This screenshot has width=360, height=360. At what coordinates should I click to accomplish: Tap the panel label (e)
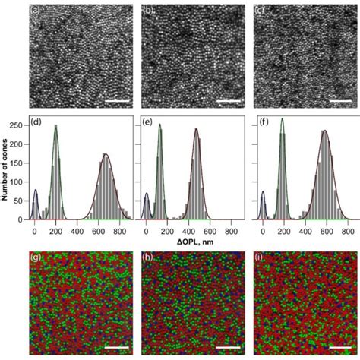point(149,122)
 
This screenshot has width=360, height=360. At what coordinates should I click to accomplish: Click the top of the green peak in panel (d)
point(55,126)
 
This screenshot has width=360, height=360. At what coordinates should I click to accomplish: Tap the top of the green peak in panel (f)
point(283,118)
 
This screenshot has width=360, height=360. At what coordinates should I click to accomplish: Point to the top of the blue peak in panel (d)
point(35,191)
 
